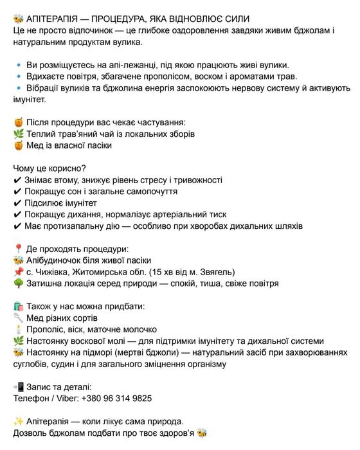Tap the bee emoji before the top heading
click(x=18, y=18)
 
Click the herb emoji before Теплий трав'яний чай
click(x=18, y=134)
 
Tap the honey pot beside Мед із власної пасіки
click(x=18, y=145)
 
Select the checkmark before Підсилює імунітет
click(x=17, y=203)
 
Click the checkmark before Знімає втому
click(x=17, y=180)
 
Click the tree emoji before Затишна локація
click(x=18, y=283)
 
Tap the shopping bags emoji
click(x=18, y=307)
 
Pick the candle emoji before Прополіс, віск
click(x=18, y=330)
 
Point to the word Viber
click(x=65, y=399)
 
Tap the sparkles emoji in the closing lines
click(x=18, y=422)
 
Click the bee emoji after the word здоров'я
click(x=203, y=433)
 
